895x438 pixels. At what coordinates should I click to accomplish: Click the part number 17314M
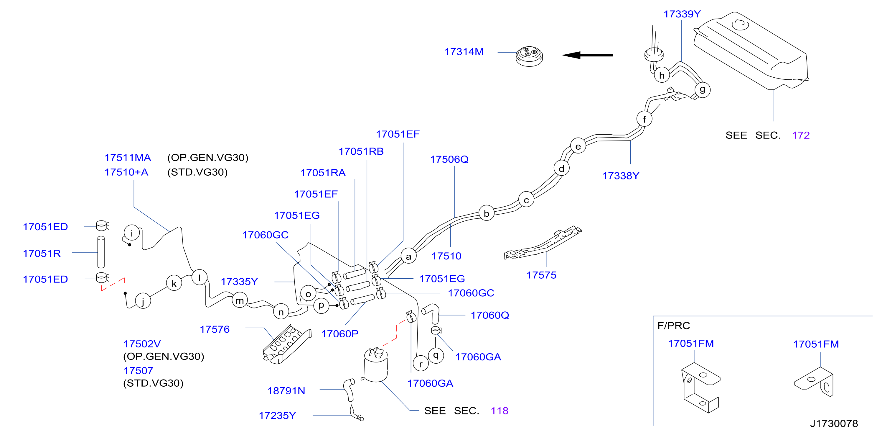click(464, 52)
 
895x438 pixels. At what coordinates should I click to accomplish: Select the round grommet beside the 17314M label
click(529, 56)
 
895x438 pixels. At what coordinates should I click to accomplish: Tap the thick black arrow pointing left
click(587, 55)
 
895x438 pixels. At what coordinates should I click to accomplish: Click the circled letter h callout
click(662, 75)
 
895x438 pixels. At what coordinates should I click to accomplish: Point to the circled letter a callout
click(408, 256)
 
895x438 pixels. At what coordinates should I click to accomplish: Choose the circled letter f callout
click(645, 119)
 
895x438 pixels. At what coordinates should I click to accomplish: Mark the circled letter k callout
click(174, 283)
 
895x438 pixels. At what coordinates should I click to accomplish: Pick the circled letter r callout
click(421, 364)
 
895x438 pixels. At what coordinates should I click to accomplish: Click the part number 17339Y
click(682, 14)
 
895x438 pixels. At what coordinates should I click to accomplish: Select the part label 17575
click(541, 275)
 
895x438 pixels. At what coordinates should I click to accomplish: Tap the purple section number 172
click(801, 135)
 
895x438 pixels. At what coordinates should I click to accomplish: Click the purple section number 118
click(500, 411)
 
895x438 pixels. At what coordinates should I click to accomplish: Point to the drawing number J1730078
click(834, 423)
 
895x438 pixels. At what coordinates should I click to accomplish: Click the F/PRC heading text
click(674, 326)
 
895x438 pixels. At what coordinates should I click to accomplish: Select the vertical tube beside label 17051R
click(101, 252)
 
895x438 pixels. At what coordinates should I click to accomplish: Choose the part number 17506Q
click(449, 159)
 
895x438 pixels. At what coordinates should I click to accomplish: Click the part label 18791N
click(286, 391)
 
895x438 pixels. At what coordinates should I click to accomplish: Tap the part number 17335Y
click(239, 282)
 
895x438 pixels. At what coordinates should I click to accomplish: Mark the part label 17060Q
click(490, 315)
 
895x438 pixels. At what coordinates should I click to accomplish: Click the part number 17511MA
click(128, 158)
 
